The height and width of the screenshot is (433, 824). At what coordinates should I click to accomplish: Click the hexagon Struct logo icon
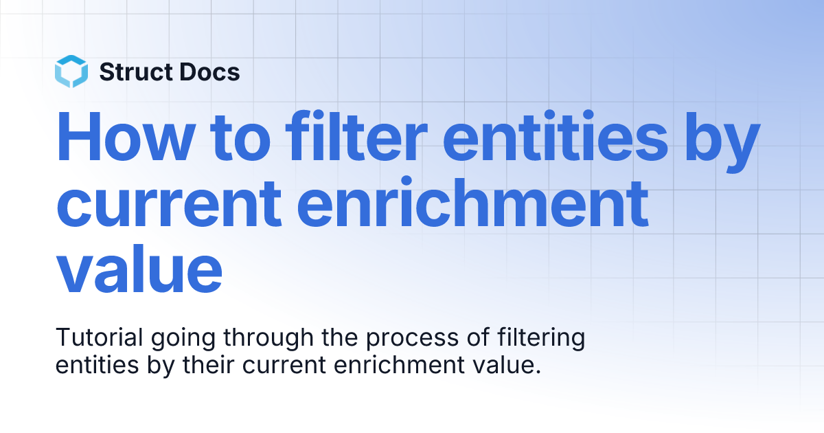71,71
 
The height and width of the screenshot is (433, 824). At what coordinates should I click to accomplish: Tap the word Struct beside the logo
136,71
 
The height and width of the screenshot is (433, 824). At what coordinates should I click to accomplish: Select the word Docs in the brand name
210,71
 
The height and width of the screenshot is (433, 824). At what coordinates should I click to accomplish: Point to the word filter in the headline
356,136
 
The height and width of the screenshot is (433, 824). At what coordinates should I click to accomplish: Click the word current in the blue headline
169,204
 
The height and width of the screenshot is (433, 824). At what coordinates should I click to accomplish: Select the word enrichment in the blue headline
472,202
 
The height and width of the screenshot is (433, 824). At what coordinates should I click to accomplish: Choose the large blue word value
139,268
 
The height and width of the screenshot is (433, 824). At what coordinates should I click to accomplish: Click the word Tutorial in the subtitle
100,337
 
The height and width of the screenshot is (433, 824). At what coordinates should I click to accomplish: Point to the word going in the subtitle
183,340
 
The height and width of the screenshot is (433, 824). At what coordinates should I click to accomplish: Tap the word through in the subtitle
268,340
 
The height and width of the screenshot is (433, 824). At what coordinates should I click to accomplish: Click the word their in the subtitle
209,365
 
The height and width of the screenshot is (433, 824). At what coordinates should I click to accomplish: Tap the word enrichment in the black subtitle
399,365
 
